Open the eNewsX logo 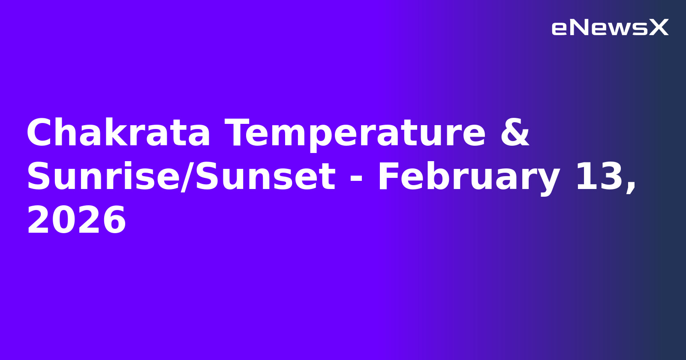[x=610, y=28]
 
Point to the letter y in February [x=548, y=180]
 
